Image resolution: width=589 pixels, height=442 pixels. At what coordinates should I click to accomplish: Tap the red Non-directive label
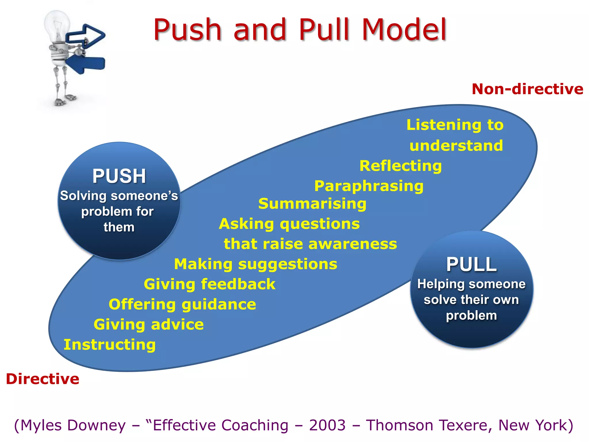pyautogui.click(x=527, y=89)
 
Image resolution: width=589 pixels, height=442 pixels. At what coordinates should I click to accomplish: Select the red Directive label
pyautogui.click(x=43, y=379)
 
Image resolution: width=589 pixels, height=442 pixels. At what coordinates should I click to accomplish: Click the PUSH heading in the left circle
pyautogui.click(x=119, y=176)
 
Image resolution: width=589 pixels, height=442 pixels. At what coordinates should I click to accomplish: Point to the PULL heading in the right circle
pyautogui.click(x=471, y=264)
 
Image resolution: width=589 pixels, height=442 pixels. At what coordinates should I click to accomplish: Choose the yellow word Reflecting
pyautogui.click(x=401, y=166)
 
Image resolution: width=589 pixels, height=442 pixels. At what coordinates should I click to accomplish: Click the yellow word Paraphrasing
pyautogui.click(x=369, y=186)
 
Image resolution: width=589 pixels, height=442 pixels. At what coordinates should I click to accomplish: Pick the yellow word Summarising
pyautogui.click(x=312, y=204)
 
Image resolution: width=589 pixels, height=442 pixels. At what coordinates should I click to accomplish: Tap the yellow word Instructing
pyautogui.click(x=110, y=344)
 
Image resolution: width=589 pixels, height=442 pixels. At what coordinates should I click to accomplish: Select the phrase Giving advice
pyautogui.click(x=149, y=324)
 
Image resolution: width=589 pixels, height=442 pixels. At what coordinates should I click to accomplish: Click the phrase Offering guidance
pyautogui.click(x=182, y=304)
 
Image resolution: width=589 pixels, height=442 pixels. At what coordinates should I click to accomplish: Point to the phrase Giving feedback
pyautogui.click(x=210, y=284)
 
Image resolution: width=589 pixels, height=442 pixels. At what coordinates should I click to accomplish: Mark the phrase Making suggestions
pyautogui.click(x=256, y=264)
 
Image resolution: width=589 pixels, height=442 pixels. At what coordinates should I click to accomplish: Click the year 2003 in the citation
pyautogui.click(x=327, y=425)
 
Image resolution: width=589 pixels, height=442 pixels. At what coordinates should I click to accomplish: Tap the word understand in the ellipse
pyautogui.click(x=456, y=145)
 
